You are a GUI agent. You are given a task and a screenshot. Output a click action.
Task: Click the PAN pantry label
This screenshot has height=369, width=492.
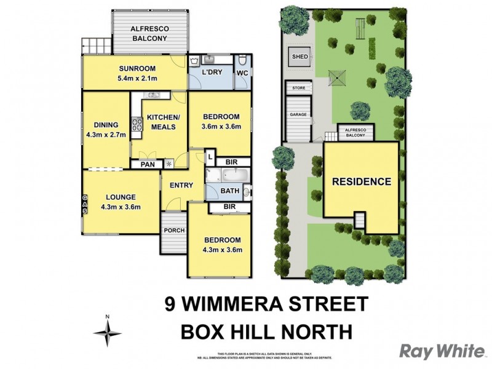(x=147, y=165)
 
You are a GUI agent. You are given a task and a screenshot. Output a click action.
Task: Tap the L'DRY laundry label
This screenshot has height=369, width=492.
(x=212, y=73)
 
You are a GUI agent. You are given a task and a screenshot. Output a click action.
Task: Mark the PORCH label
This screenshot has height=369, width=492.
(x=175, y=231)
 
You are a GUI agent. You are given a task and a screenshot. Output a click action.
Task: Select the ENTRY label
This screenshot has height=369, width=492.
(x=181, y=185)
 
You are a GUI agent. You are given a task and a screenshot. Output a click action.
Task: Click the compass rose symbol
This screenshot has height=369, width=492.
(x=107, y=332)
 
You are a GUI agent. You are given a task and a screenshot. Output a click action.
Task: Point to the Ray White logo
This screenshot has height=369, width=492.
(x=442, y=351)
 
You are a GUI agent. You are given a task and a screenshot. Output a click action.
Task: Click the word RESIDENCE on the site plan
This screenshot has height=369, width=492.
(x=362, y=181)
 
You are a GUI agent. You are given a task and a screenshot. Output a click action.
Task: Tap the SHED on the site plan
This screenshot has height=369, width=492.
(x=300, y=57)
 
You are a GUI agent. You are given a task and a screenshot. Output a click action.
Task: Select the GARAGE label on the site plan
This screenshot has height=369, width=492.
(x=299, y=115)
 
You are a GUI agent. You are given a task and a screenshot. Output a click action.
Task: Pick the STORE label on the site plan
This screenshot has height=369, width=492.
(x=299, y=89)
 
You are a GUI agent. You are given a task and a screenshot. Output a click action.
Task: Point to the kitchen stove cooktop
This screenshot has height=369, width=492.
(x=136, y=124)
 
